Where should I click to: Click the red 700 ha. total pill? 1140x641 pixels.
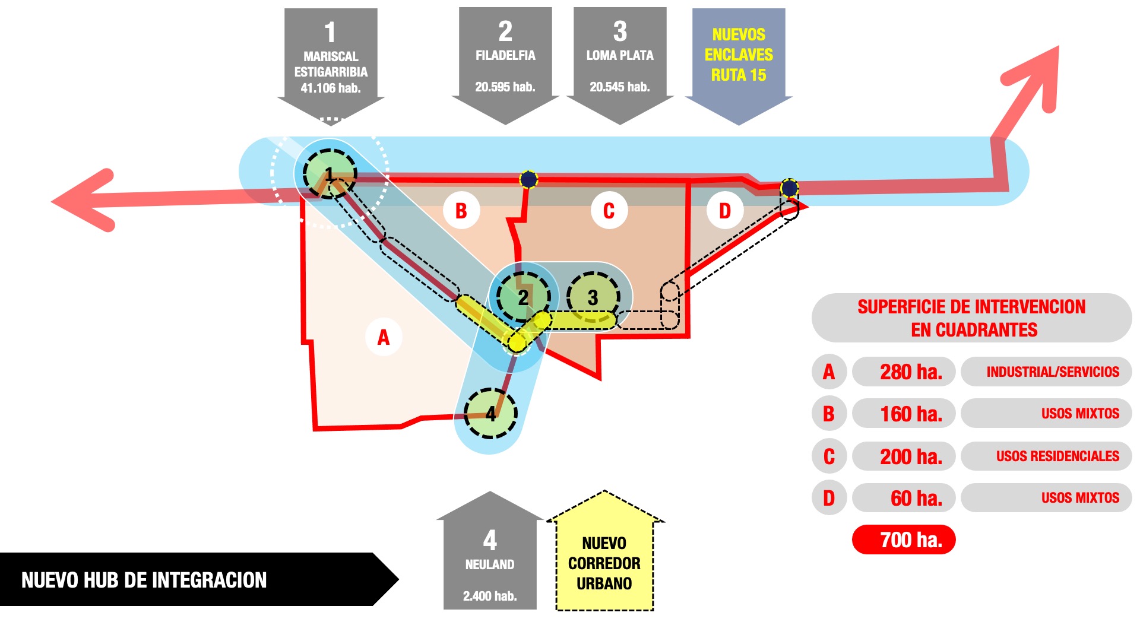click(904, 540)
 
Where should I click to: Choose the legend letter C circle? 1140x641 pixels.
click(829, 456)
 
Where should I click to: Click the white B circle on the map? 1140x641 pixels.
click(461, 211)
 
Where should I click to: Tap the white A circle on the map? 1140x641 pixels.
click(384, 337)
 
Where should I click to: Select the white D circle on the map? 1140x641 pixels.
click(725, 211)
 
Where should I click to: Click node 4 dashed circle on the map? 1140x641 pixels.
click(490, 413)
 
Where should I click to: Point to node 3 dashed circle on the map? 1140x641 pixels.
click(593, 297)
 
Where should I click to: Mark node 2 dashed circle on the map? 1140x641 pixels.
click(523, 296)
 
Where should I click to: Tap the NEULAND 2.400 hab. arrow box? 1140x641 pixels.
click(490, 564)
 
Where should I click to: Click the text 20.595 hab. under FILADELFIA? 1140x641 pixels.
click(505, 87)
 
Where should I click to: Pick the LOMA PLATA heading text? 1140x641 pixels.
click(620, 55)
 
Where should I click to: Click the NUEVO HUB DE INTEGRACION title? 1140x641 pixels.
click(144, 580)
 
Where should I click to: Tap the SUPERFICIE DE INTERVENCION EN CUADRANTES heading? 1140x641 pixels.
click(971, 318)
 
